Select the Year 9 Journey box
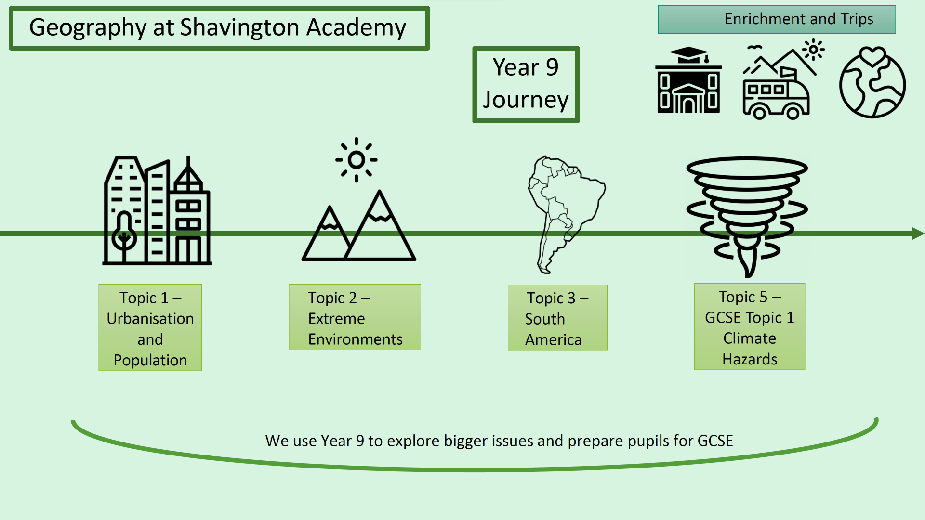[526, 84]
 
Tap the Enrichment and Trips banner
[777, 19]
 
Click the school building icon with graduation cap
[688, 80]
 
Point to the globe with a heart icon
[872, 83]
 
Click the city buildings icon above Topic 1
[157, 211]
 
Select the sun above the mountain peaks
[357, 160]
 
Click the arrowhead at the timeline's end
[917, 234]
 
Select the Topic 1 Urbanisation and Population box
[150, 327]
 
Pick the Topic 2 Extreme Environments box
[355, 317]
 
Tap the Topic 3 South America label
[557, 318]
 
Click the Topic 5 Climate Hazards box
[749, 326]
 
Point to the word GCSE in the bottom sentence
[715, 441]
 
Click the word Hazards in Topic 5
[750, 359]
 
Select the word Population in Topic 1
[150, 360]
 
